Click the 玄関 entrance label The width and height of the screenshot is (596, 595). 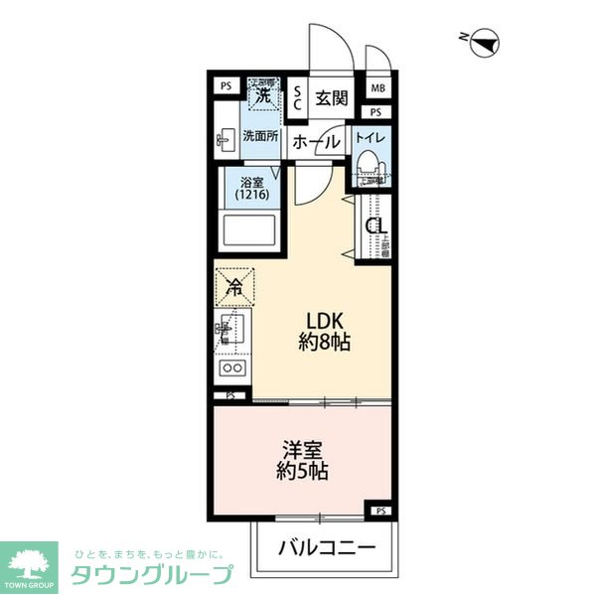(x=332, y=97)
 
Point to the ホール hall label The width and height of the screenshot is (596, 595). (x=317, y=142)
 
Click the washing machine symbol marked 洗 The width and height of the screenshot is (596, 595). (x=264, y=95)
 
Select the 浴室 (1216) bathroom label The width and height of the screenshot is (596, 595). (x=249, y=189)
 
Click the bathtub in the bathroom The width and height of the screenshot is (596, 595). (x=249, y=234)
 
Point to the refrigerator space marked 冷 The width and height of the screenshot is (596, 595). (x=234, y=289)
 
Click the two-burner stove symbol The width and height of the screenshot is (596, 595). (x=234, y=369)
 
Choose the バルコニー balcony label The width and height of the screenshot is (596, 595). (x=327, y=547)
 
